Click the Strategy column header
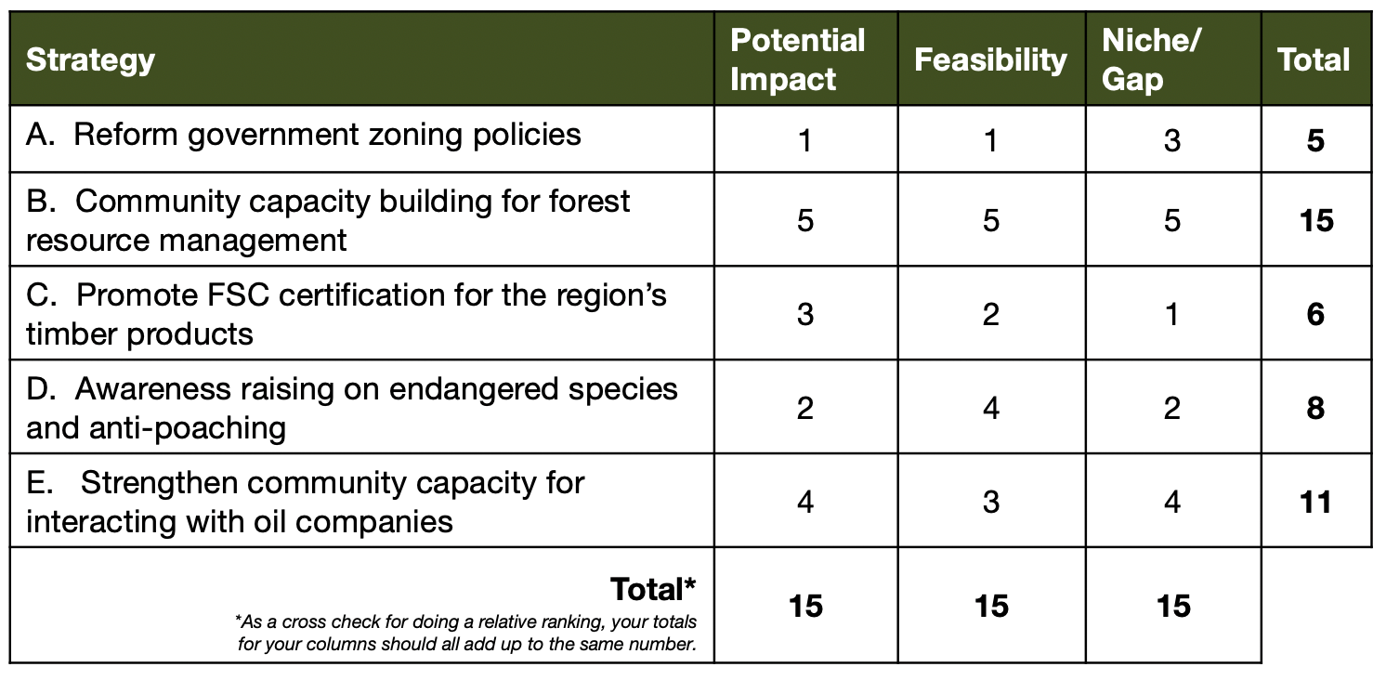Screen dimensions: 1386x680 (90, 60)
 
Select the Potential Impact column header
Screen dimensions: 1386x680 (798, 59)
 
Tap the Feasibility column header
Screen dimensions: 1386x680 (990, 60)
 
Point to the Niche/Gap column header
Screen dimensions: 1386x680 (1151, 59)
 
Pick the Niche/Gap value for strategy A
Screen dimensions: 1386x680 (1172, 140)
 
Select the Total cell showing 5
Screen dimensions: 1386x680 (1315, 140)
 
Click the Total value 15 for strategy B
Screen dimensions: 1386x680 (1316, 220)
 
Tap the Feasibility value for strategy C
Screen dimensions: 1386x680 (990, 314)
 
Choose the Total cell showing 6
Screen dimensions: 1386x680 (1315, 314)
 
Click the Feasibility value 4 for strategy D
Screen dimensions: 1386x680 (991, 409)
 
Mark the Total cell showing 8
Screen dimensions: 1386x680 (1315, 409)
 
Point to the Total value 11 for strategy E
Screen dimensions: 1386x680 (1315, 502)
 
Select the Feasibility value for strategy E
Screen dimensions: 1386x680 (991, 502)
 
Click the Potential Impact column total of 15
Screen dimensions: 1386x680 (805, 606)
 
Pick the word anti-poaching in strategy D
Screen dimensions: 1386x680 (188, 427)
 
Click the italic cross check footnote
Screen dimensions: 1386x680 (466, 633)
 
